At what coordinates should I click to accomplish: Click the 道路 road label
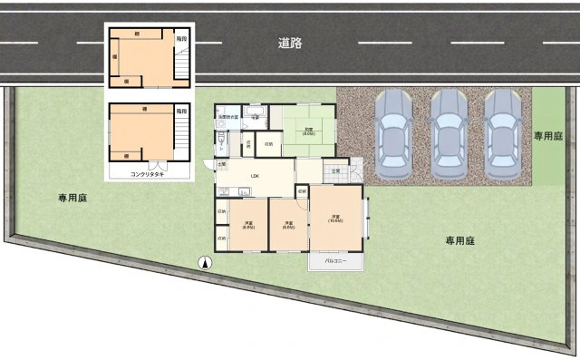pos(291,42)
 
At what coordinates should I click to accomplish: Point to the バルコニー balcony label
pos(336,260)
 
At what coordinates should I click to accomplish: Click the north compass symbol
pos(205,263)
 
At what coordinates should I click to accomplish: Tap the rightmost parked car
pos(501,134)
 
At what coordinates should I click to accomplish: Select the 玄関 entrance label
pos(335,170)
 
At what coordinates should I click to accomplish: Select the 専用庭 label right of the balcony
pos(460,241)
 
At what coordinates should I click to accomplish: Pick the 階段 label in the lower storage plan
pos(181,110)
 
